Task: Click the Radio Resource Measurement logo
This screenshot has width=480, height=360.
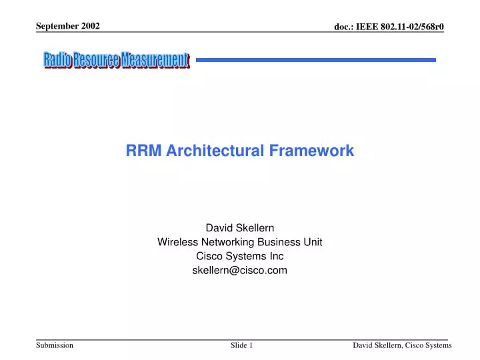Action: tap(117, 60)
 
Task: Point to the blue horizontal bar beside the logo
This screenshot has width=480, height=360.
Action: tap(315, 60)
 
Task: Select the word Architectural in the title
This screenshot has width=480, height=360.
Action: tap(216, 151)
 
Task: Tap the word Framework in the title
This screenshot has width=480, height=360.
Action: tap(311, 151)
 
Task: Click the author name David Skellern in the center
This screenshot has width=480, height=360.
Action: tap(239, 228)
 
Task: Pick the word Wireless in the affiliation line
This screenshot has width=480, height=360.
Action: tap(175, 243)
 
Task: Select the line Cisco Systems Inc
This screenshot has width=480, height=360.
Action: tap(239, 257)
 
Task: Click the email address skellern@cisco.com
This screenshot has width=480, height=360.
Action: tap(239, 271)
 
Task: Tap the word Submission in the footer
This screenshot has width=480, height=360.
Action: tap(55, 345)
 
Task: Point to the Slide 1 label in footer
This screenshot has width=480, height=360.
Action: tap(241, 345)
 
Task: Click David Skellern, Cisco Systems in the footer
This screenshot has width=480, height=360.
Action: tap(402, 345)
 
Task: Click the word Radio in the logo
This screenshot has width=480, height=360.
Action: tap(58, 60)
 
